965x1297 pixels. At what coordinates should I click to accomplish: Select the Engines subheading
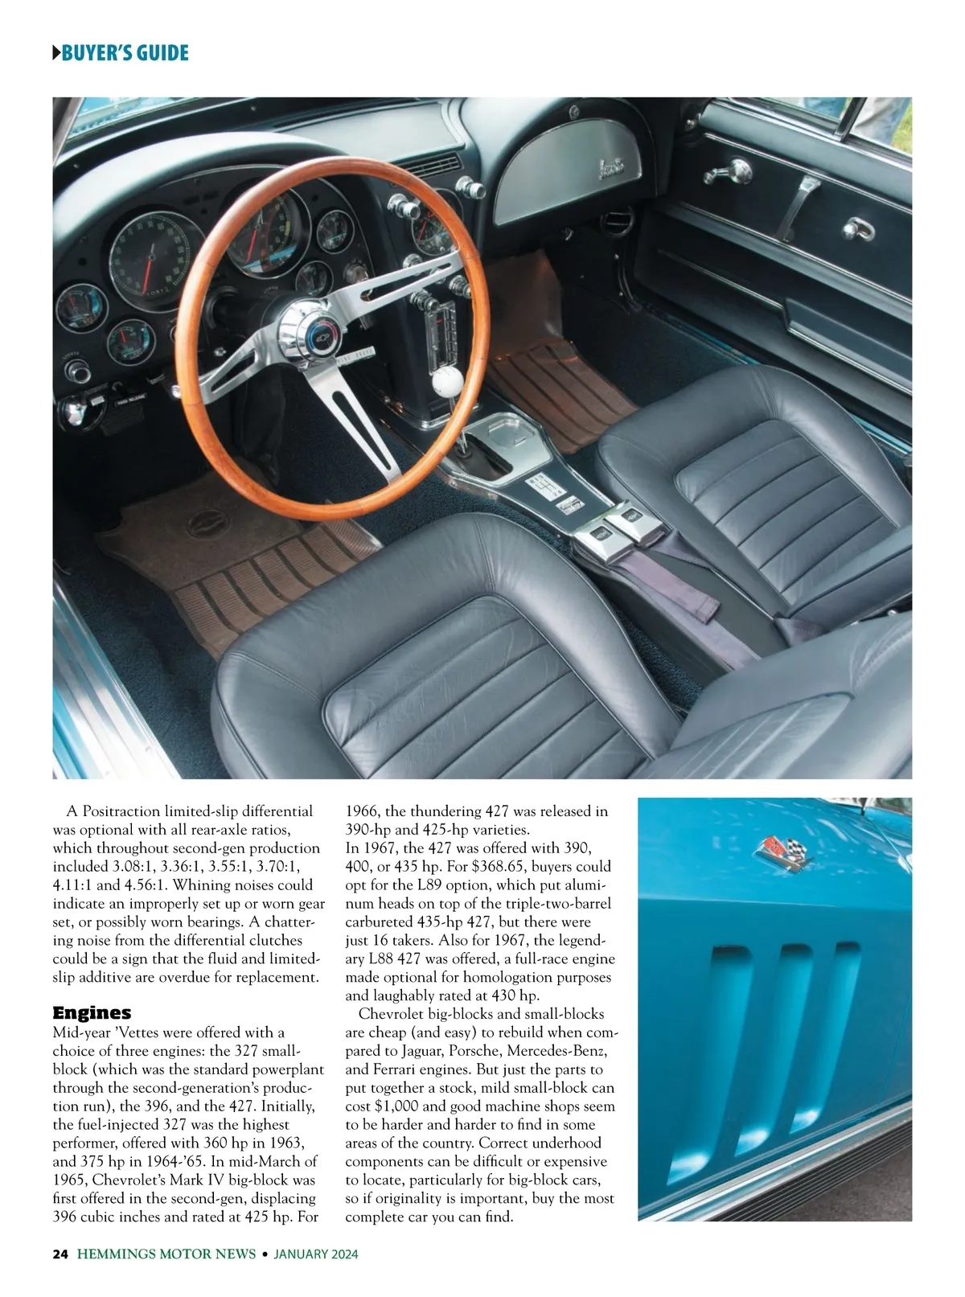(x=92, y=1012)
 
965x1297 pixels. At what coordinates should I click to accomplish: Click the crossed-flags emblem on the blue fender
(x=785, y=852)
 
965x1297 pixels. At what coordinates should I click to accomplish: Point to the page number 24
(x=60, y=1254)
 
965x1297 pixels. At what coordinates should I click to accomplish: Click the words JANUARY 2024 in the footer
(x=315, y=1254)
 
